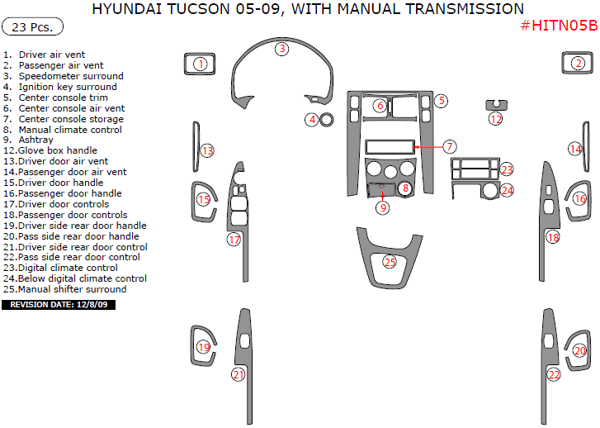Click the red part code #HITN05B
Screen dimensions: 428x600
click(x=559, y=26)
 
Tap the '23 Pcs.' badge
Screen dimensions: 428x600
click(x=34, y=26)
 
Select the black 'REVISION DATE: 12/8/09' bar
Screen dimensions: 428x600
click(x=59, y=305)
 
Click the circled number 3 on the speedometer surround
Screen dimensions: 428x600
click(x=282, y=49)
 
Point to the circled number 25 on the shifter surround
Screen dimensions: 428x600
click(x=390, y=262)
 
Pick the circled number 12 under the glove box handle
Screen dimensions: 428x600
click(x=495, y=119)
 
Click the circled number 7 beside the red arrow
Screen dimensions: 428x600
click(x=449, y=146)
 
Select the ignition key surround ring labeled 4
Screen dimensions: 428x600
click(x=327, y=119)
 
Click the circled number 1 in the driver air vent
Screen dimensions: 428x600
click(x=200, y=64)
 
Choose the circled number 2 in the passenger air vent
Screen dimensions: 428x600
click(x=579, y=63)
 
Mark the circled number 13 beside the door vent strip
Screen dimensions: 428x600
click(x=207, y=150)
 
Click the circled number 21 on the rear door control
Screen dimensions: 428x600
click(x=238, y=374)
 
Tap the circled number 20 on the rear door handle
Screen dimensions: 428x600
click(x=580, y=351)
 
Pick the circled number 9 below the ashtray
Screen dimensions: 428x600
click(x=383, y=207)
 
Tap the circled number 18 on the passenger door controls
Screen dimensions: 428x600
click(x=553, y=237)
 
